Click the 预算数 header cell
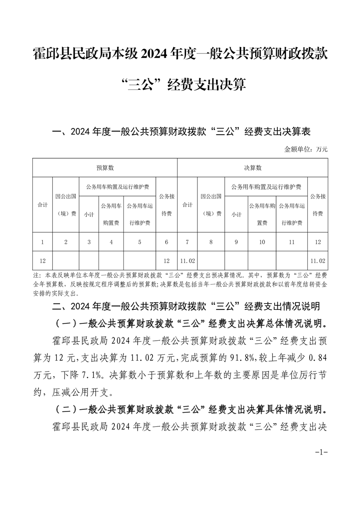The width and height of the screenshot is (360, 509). click(x=105, y=168)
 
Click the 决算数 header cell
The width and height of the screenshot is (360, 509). click(x=252, y=168)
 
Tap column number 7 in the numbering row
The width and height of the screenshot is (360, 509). click(x=187, y=242)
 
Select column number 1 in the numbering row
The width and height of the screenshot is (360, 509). click(x=42, y=242)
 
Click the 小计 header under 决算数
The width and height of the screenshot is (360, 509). click(x=236, y=214)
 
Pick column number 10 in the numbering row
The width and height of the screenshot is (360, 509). click(x=262, y=242)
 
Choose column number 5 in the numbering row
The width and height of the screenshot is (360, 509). click(x=139, y=242)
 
